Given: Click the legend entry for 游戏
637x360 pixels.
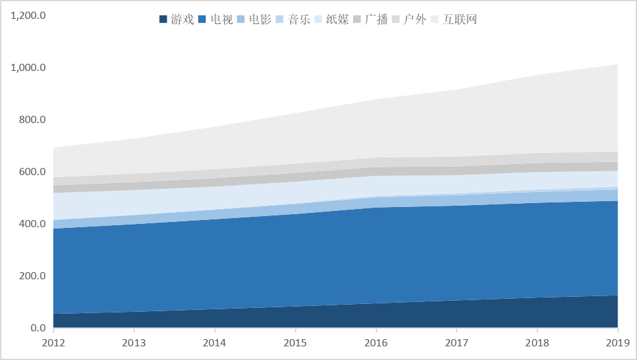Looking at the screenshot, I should pos(177,20).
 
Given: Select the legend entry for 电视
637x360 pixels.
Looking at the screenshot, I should pos(216,20).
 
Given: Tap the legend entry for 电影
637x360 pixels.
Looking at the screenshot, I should pos(255,20).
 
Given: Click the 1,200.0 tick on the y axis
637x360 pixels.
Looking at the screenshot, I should pos(28,16).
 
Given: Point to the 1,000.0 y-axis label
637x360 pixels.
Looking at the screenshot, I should pos(28,68).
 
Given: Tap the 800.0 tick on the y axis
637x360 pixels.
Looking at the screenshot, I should pos(31,120).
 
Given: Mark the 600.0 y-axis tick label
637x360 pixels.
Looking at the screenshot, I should pos(31,172).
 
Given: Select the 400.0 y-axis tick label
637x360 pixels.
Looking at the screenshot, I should pos(31,224).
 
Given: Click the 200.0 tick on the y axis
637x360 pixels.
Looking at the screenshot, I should pos(31,276).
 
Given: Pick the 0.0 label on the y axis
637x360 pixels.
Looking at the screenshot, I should pos(36,328).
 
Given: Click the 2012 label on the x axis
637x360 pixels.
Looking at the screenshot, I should pos(53,342).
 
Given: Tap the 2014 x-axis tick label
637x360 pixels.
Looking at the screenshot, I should pos(214,342).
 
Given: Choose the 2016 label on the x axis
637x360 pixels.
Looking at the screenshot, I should pos(376,342).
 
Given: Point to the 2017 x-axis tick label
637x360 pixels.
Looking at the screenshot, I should pos(457,342).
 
